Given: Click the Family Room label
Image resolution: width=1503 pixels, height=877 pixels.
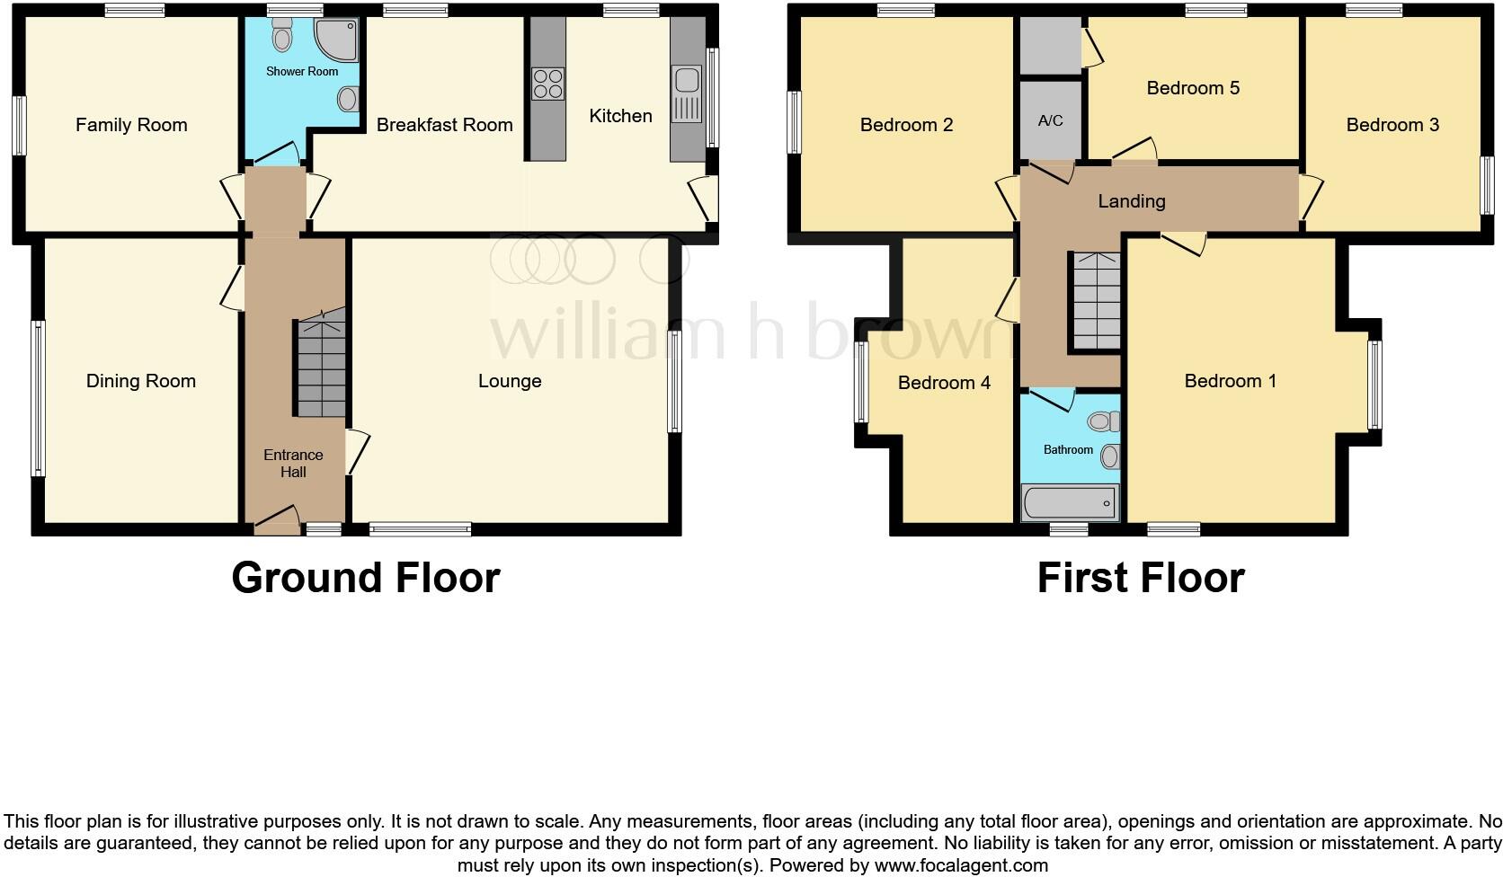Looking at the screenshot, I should pos(131,125).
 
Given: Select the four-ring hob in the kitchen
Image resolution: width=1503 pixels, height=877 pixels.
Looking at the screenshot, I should pos(547,84).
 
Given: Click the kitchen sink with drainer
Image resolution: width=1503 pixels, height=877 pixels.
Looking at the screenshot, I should pos(686,94).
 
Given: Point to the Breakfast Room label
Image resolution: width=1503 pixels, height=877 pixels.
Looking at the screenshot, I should pos(444,125).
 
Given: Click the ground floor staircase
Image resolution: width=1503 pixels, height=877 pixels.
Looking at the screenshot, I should pos(321,368).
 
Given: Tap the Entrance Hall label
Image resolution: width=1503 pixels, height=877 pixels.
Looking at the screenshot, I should pos(293,463).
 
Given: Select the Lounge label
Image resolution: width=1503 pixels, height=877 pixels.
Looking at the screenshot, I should pos(509,381).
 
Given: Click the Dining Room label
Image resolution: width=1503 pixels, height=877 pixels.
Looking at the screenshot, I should pos(140,381).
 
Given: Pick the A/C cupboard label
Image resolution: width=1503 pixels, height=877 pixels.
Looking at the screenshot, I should pos(1050,120).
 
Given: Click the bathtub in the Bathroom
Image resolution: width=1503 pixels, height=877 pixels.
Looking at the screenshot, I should pos(1070,502).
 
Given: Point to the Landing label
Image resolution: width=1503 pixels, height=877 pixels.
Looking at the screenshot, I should pos(1131,201).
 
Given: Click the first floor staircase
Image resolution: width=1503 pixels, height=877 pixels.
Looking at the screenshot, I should pos(1094,301).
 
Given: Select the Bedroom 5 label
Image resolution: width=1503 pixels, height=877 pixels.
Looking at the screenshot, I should pos(1193,88).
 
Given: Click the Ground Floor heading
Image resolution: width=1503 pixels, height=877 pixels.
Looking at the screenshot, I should pos(365,578).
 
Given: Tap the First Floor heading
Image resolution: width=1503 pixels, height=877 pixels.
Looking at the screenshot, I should pos(1140,578).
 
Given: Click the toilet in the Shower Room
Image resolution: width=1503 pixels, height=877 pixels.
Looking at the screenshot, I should pos(283,38).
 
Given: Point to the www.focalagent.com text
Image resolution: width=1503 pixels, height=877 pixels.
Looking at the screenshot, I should pos(961,865).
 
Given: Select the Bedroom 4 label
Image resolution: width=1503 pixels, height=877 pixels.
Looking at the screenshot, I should pos(944,384).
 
